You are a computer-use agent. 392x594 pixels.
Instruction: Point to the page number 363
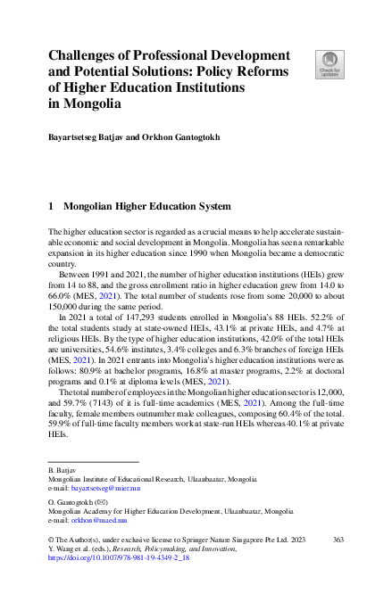338,540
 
